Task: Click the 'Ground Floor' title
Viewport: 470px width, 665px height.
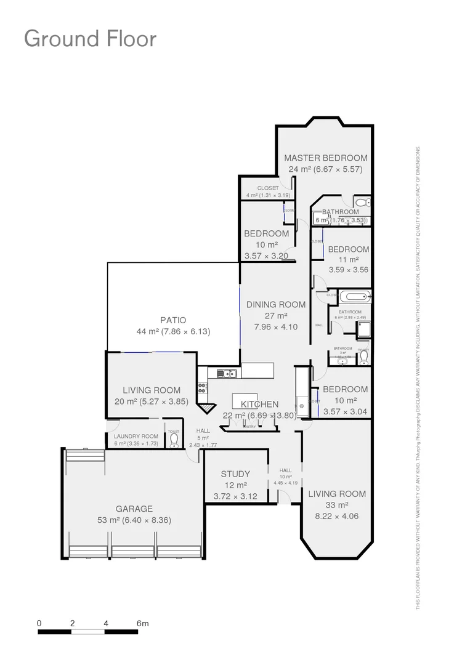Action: (90, 38)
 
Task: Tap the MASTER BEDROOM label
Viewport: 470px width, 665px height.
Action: (325, 158)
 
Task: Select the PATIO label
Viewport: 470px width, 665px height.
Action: (173, 320)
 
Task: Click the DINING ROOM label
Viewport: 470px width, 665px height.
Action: (276, 304)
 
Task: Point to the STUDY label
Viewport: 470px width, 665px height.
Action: (235, 474)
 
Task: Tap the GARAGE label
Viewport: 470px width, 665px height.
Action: (134, 509)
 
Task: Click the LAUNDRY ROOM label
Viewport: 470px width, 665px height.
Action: (136, 436)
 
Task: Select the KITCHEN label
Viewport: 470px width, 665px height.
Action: (259, 405)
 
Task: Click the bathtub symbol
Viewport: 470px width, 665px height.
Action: (355, 297)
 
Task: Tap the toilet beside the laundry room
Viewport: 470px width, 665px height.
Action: (174, 440)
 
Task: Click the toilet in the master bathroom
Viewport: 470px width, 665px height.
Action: (362, 202)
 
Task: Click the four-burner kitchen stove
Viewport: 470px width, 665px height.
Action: (202, 387)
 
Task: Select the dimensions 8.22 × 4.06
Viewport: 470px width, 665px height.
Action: (337, 516)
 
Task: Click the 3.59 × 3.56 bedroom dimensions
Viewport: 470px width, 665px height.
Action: (348, 269)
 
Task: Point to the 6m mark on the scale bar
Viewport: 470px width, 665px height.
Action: (142, 623)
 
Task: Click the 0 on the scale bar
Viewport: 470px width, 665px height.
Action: (39, 623)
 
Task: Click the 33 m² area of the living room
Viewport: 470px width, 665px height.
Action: (337, 505)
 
